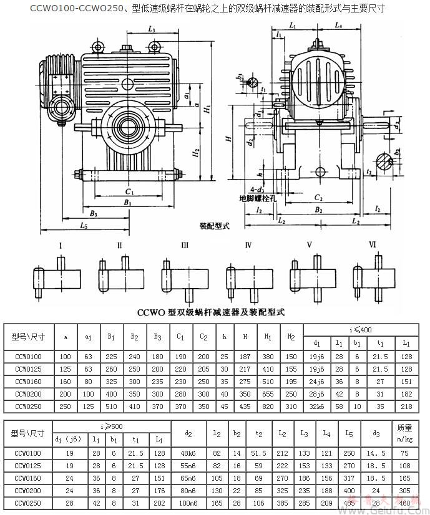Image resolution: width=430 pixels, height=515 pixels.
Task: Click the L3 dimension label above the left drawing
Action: (152, 29)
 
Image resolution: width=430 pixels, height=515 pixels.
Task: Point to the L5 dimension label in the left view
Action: (84, 226)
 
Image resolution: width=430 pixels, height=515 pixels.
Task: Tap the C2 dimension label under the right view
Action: (318, 198)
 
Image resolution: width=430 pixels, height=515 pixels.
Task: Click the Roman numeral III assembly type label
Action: (185, 245)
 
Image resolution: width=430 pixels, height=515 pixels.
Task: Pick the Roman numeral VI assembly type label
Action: (373, 244)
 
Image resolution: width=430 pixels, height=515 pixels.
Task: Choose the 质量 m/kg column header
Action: (404, 432)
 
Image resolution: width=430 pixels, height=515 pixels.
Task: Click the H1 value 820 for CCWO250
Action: (269, 406)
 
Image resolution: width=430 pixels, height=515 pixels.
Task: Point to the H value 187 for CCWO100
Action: (246, 356)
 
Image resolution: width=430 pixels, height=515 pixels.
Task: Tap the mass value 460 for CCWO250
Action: (404, 503)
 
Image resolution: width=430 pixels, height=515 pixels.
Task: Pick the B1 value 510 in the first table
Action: (111, 406)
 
